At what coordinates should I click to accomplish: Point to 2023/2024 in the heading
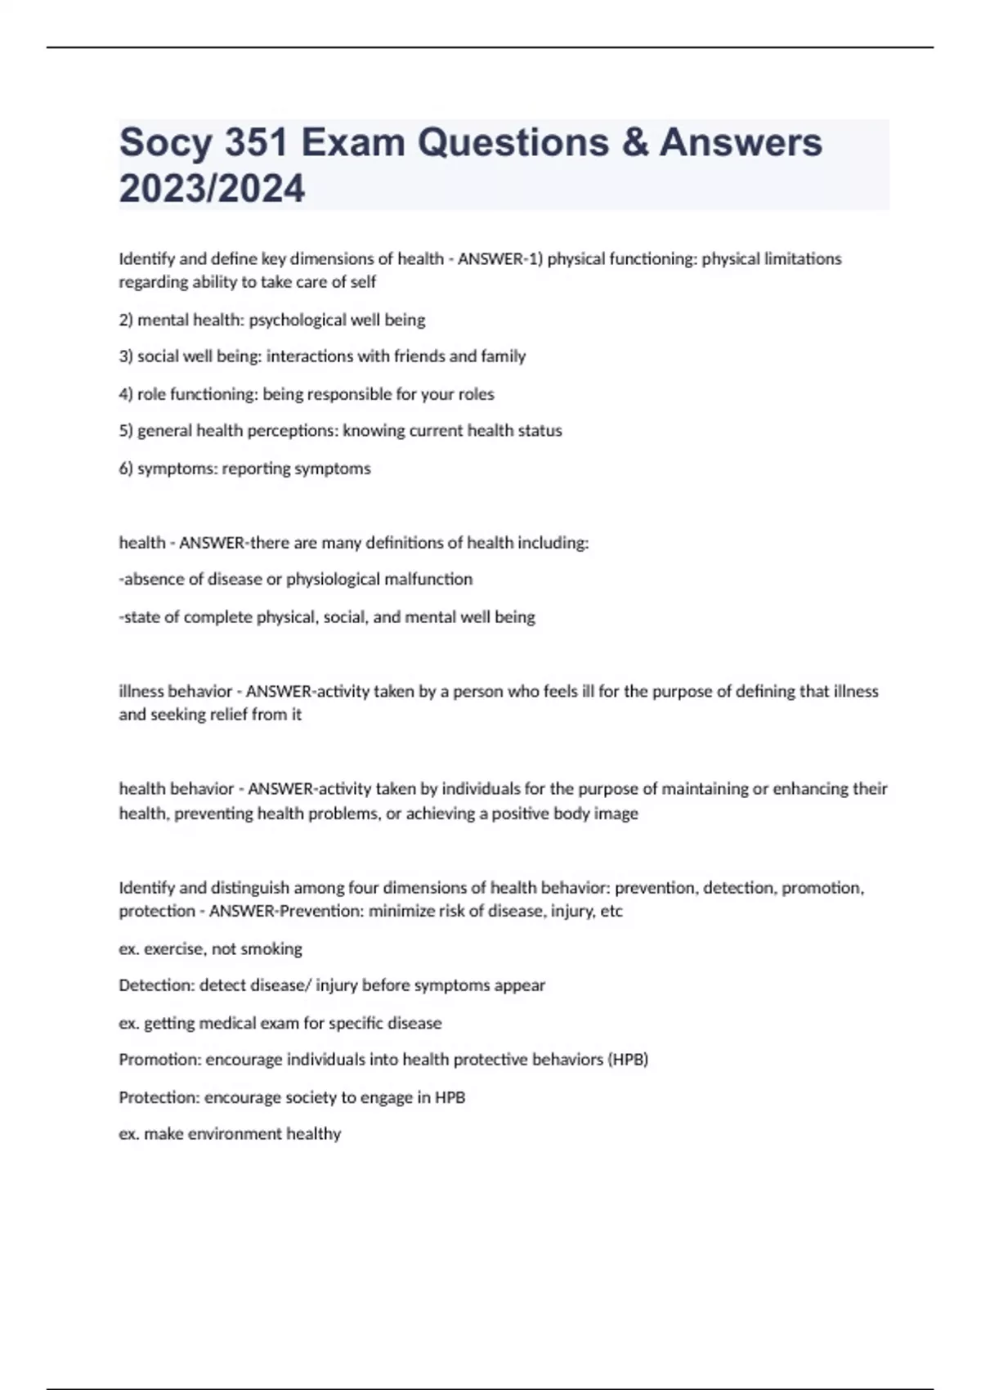click(212, 189)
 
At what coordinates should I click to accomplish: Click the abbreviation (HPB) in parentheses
click(627, 1060)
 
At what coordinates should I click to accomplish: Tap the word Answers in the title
click(741, 143)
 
